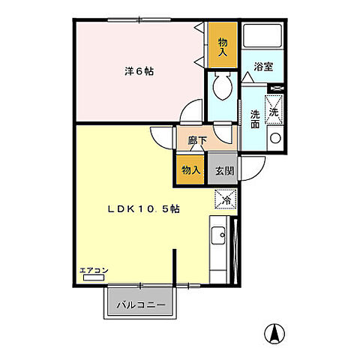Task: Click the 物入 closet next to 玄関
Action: click(x=190, y=170)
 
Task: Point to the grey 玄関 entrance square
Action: click(x=223, y=170)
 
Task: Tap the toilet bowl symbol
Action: click(x=223, y=88)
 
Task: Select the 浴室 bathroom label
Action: click(x=262, y=66)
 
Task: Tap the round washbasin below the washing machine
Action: click(x=274, y=137)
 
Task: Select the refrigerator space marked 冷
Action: click(x=226, y=199)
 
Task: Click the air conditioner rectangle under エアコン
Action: click(x=94, y=278)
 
